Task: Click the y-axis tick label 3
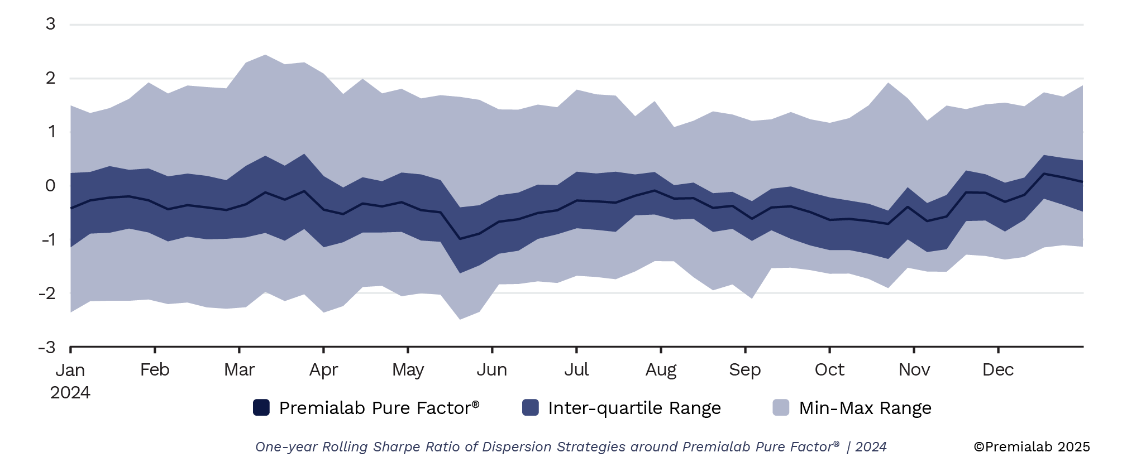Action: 51,24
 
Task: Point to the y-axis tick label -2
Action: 47,293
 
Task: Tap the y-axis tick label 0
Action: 51,186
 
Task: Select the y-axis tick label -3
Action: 47,347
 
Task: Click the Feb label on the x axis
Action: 155,369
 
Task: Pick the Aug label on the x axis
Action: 661,369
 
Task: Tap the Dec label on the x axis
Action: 998,369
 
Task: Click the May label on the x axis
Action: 408,370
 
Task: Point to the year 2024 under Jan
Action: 70,392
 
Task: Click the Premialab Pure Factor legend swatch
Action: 261,407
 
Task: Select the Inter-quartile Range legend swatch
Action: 531,407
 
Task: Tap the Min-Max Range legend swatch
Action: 781,407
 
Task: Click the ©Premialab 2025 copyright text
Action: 1032,446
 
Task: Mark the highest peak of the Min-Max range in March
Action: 265,55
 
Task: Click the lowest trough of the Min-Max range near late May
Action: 460,319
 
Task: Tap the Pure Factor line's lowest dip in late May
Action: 460,239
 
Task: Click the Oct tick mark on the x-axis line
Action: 829,350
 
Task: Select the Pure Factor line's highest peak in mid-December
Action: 1044,174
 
